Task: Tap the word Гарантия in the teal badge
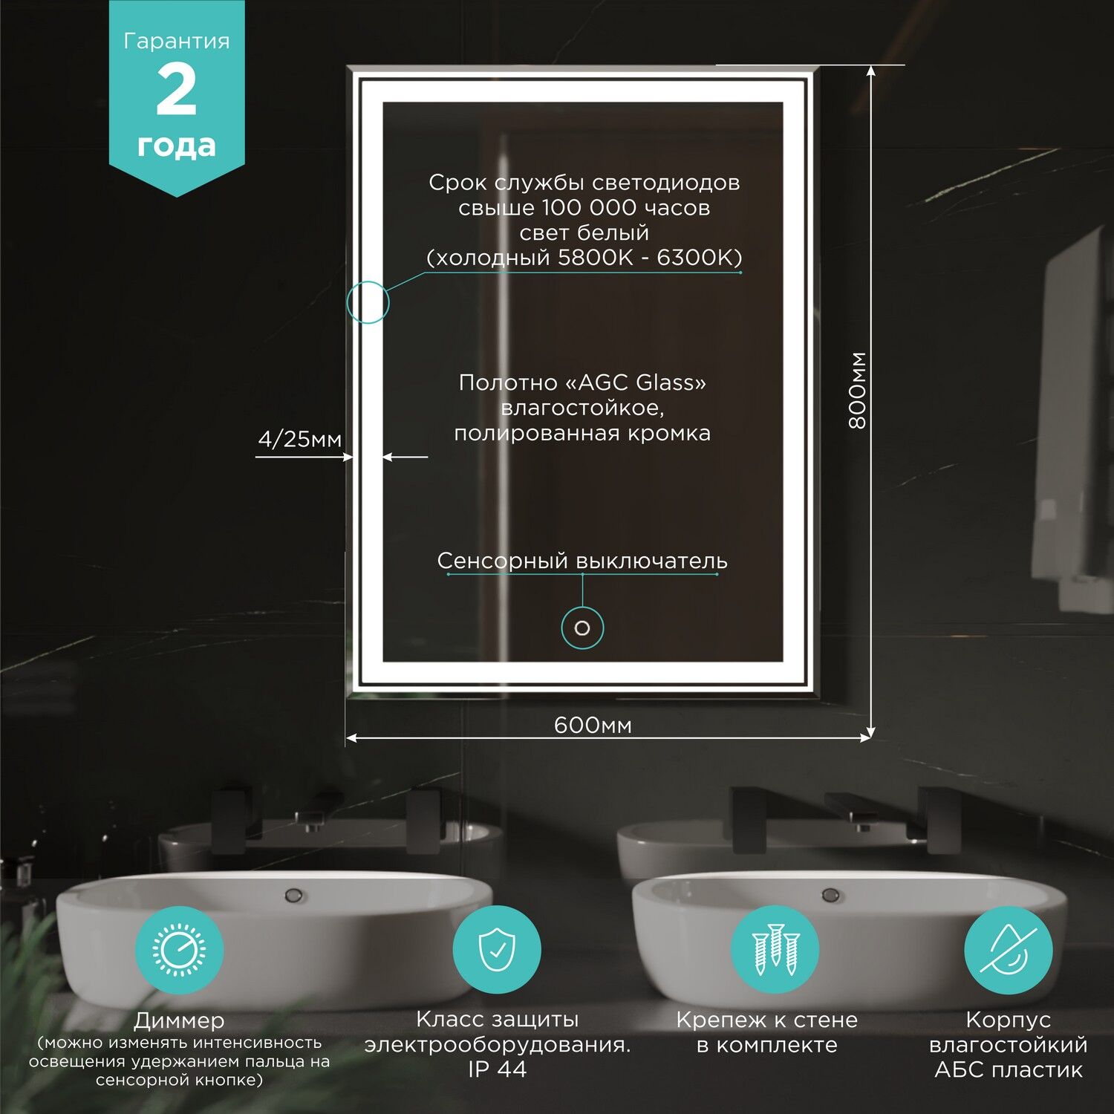click(x=177, y=42)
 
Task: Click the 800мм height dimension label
click(x=858, y=391)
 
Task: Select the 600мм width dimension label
click(x=593, y=725)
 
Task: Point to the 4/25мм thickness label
click(x=299, y=440)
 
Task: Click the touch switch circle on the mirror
click(x=582, y=628)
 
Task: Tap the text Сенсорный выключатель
click(x=582, y=561)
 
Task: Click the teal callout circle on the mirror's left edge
click(x=368, y=302)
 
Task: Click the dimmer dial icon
click(x=179, y=950)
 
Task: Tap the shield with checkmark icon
click(x=497, y=950)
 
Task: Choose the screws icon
click(x=775, y=950)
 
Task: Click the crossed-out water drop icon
click(x=1008, y=950)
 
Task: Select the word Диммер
click(x=179, y=1021)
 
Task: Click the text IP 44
click(x=497, y=1069)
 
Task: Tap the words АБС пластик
click(x=1008, y=1070)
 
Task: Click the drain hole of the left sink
click(x=293, y=895)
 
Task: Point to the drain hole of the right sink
click(x=830, y=895)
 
